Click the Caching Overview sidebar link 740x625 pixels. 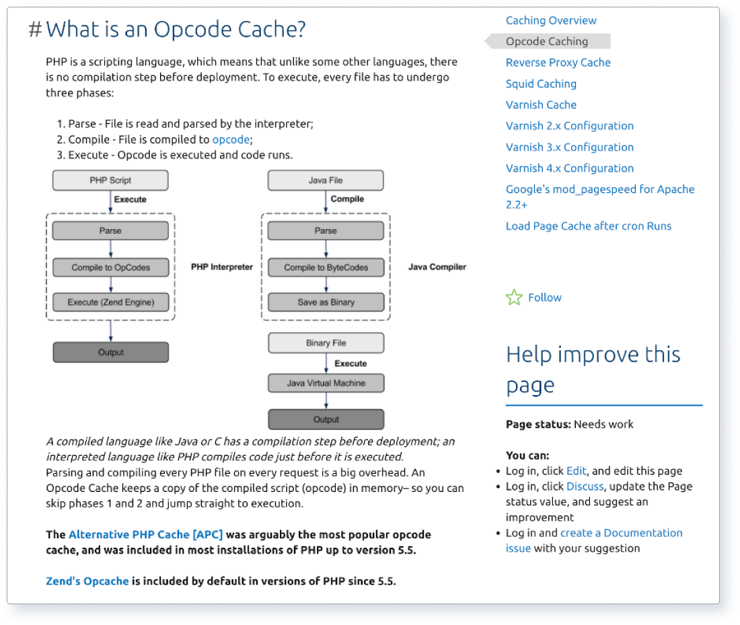point(551,20)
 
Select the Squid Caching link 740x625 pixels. point(541,84)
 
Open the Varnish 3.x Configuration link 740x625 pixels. point(569,147)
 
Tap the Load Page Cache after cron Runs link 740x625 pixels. point(588,226)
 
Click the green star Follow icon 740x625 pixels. point(514,298)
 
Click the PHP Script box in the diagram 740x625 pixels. point(110,180)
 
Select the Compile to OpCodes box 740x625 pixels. point(110,267)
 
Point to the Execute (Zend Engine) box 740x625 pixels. point(110,302)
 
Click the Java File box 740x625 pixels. point(326,180)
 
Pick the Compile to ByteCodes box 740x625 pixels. point(326,267)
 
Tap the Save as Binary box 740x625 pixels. point(326,302)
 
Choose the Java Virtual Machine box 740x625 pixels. point(326,383)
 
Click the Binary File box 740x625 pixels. point(326,343)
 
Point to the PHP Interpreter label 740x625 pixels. point(222,267)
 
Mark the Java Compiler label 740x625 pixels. point(437,267)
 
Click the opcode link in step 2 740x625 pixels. point(231,140)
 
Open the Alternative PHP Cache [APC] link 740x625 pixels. point(145,535)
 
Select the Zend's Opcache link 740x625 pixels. point(87,581)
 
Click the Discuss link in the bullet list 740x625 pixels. point(585,487)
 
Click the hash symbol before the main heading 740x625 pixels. point(36,30)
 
